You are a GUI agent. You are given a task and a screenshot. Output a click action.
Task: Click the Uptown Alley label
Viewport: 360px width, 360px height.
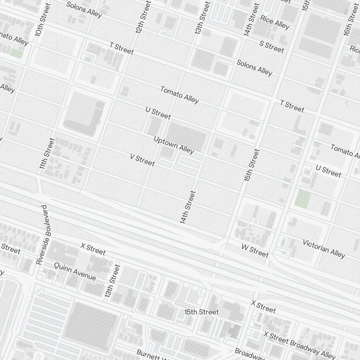click(174, 144)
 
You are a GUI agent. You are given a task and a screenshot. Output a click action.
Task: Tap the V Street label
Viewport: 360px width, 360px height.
click(142, 160)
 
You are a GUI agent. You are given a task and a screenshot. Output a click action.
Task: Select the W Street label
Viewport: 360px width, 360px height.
click(255, 251)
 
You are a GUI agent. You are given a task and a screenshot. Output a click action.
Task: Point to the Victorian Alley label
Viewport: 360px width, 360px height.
click(324, 248)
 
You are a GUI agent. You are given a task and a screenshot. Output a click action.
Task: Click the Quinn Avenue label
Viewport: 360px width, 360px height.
click(75, 271)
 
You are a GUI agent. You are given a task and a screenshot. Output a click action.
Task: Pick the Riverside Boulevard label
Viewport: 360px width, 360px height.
click(42, 235)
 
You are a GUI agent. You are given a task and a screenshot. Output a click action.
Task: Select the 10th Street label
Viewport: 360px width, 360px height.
click(41, 20)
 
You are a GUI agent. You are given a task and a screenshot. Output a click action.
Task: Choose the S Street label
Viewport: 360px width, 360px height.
click(272, 46)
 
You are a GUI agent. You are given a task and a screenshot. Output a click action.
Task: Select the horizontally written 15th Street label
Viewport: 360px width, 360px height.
click(201, 312)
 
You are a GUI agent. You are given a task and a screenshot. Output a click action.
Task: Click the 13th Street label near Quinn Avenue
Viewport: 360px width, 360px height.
click(112, 281)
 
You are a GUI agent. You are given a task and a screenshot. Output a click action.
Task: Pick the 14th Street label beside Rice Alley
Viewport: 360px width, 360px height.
click(251, 20)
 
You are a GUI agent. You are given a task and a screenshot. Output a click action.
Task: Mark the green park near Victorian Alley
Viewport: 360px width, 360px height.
click(303, 198)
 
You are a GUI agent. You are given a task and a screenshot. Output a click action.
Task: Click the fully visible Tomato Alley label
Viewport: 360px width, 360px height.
click(179, 94)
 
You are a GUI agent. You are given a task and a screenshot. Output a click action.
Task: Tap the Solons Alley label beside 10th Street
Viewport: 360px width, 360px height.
click(84, 10)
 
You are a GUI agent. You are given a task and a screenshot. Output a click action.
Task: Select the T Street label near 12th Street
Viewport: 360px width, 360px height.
click(122, 49)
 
